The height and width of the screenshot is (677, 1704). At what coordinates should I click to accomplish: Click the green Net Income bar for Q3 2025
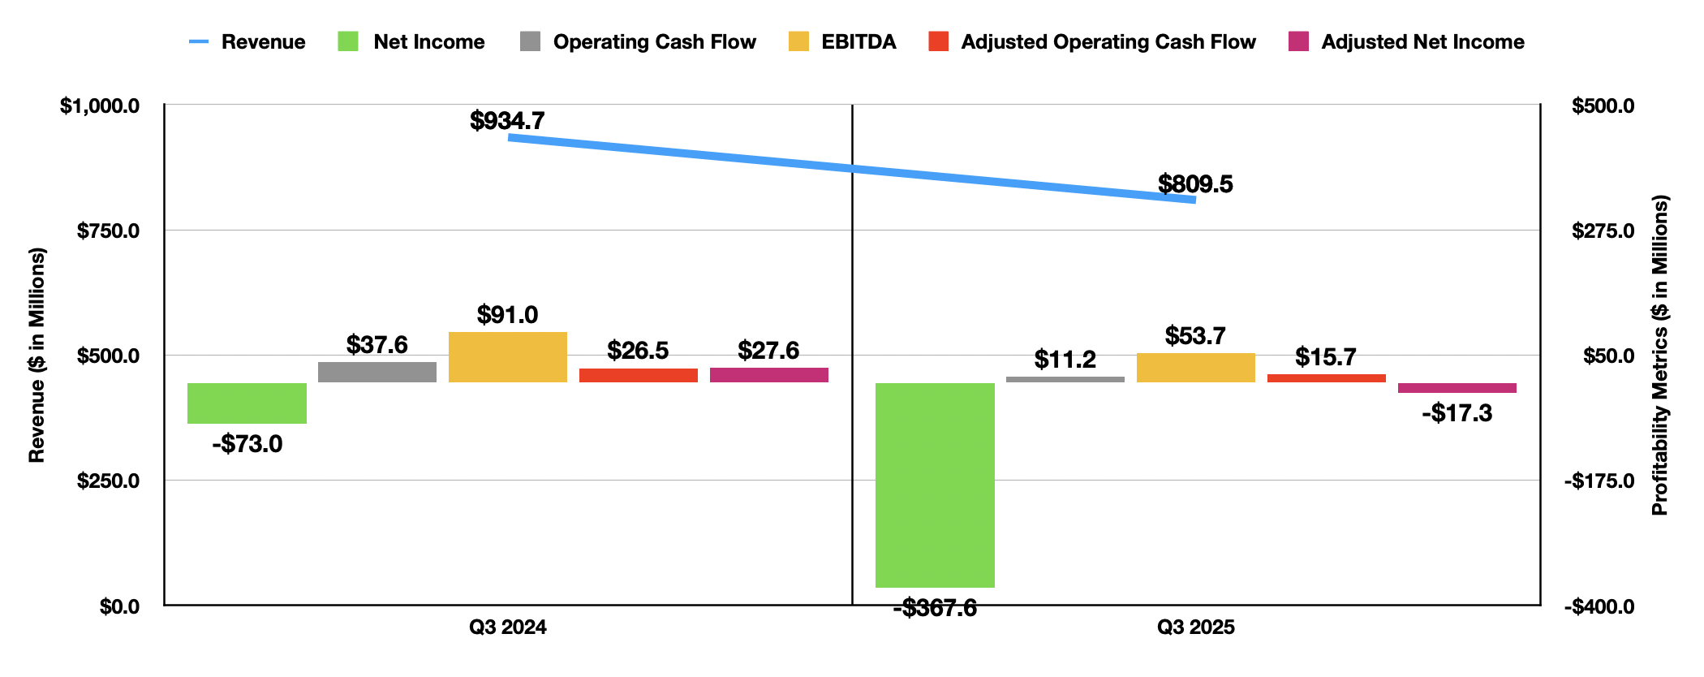(935, 485)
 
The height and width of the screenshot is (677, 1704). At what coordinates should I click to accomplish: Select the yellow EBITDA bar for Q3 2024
(507, 357)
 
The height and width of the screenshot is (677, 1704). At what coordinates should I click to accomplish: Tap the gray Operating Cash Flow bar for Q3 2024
(377, 372)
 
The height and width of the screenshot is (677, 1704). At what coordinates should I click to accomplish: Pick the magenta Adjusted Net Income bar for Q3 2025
(1457, 388)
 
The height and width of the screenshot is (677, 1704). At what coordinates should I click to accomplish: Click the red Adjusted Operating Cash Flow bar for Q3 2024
(638, 375)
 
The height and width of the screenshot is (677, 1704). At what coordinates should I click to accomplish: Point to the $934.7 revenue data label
(507, 121)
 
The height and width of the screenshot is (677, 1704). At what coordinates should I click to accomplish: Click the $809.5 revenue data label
(1195, 184)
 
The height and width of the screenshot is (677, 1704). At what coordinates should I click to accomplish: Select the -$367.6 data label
(935, 607)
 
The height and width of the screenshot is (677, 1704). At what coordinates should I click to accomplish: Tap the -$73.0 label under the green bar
(247, 444)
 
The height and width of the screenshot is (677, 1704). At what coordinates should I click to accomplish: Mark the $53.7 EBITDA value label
(1195, 335)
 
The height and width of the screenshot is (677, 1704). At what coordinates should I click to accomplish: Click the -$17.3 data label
(1457, 413)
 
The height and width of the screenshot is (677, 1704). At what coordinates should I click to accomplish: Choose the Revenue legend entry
(247, 42)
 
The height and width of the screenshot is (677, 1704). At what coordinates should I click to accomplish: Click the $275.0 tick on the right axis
(1603, 231)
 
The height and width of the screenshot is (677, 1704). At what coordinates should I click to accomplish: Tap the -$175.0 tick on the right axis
(1599, 481)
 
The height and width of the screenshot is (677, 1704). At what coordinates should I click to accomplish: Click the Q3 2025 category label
(1195, 627)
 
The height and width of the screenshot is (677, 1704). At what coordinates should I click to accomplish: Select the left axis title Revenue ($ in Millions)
(37, 356)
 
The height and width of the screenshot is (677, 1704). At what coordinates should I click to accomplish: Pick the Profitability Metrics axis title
(1660, 356)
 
